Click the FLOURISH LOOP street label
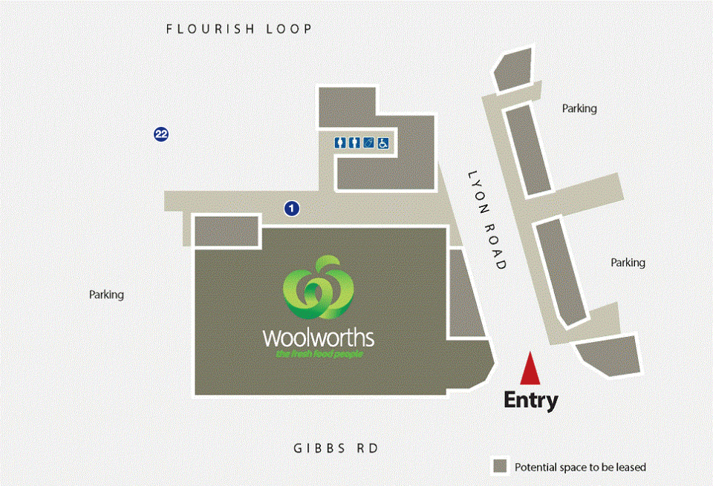point(238,29)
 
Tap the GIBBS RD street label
point(336,448)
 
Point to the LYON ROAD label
point(487,220)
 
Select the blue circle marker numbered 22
point(161,134)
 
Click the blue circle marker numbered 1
point(292,208)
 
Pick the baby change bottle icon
point(369,143)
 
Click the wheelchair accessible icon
point(383,143)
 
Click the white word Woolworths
point(319,338)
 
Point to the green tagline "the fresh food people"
point(319,353)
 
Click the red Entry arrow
point(530,369)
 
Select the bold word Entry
point(530,400)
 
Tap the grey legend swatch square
point(500,467)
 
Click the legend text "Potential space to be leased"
point(580,467)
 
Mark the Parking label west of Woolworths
point(106,295)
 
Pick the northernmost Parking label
point(579,108)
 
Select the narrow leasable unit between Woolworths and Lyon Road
point(466,293)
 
